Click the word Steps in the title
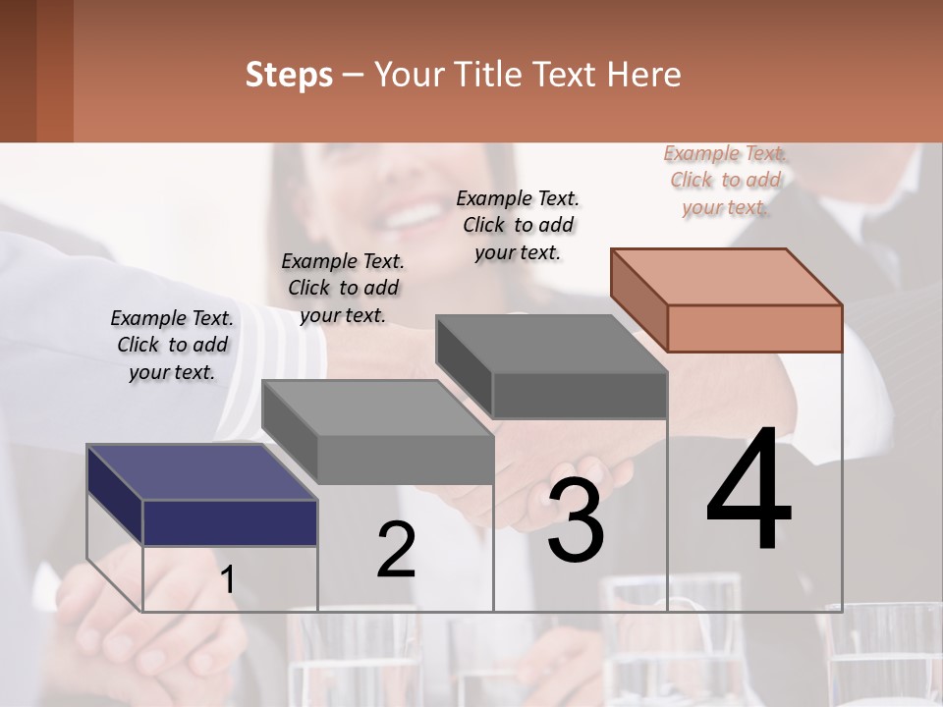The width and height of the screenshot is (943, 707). (x=289, y=75)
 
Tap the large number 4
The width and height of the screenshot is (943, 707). (x=749, y=491)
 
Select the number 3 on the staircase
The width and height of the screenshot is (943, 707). (x=575, y=520)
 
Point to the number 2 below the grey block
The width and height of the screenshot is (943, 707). (x=396, y=550)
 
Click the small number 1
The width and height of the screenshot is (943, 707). (x=227, y=580)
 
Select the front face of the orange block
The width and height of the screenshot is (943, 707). (x=754, y=328)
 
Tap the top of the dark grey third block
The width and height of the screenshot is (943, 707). (x=550, y=344)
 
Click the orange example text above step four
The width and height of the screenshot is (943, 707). (x=726, y=180)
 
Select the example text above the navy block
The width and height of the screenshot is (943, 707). (x=173, y=345)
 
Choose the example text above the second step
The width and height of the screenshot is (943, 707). (x=343, y=288)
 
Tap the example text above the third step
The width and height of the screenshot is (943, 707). (x=518, y=225)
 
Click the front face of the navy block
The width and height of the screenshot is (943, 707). (x=230, y=522)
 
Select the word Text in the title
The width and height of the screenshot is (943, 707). (x=564, y=75)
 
